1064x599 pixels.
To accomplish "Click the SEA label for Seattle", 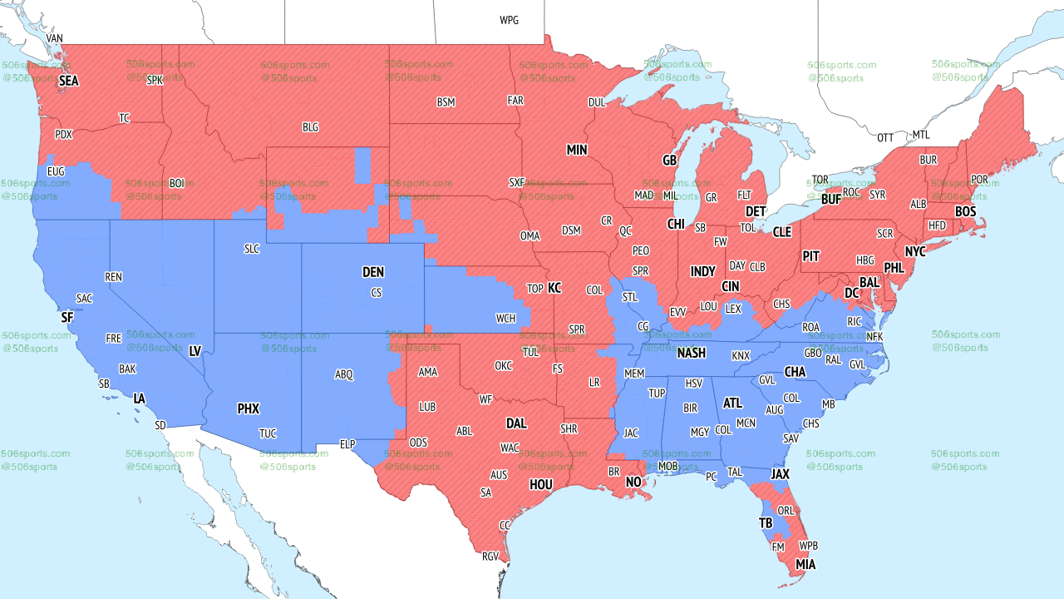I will tap(68, 82).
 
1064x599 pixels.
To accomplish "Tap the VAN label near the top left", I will tap(54, 39).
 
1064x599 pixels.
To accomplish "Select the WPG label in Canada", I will tap(509, 20).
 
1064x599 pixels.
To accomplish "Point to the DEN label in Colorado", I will tap(373, 272).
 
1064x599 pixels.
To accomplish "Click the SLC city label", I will tap(251, 249).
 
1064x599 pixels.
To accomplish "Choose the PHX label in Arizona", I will tap(248, 408).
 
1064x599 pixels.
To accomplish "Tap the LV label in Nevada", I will tap(195, 352).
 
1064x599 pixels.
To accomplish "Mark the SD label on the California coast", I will tap(160, 425).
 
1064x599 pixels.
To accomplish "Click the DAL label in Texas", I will tap(516, 423).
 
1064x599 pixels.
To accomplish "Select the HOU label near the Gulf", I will tap(541, 484).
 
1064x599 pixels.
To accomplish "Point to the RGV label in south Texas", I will tap(490, 557).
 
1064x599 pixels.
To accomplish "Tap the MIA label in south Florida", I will tap(805, 565).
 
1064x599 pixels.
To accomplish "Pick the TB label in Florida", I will tap(766, 523).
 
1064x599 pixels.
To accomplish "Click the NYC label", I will tap(915, 251).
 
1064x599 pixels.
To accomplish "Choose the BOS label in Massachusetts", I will tap(965, 212).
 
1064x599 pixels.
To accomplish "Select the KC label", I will tap(554, 289).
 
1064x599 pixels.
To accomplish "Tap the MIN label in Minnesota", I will tap(577, 151).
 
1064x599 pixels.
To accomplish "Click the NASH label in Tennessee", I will tap(691, 353).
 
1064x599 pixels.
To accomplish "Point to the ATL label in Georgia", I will tap(732, 403).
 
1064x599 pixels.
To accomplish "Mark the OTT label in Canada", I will tap(885, 137).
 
